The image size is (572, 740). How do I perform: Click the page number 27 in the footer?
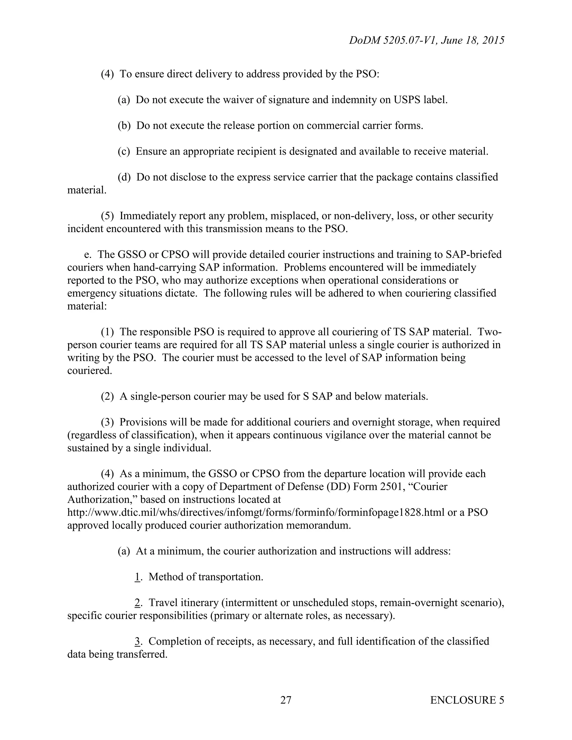(286, 700)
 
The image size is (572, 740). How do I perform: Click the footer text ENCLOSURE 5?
(467, 700)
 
